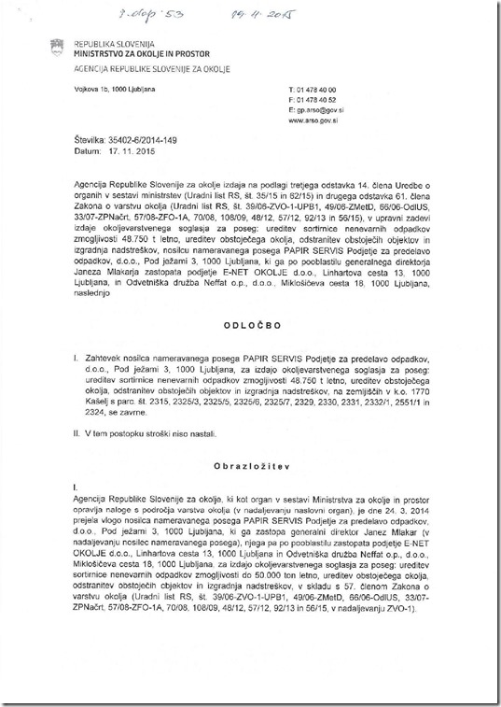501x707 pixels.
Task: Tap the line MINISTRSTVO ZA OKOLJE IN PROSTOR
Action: [x=127, y=54]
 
